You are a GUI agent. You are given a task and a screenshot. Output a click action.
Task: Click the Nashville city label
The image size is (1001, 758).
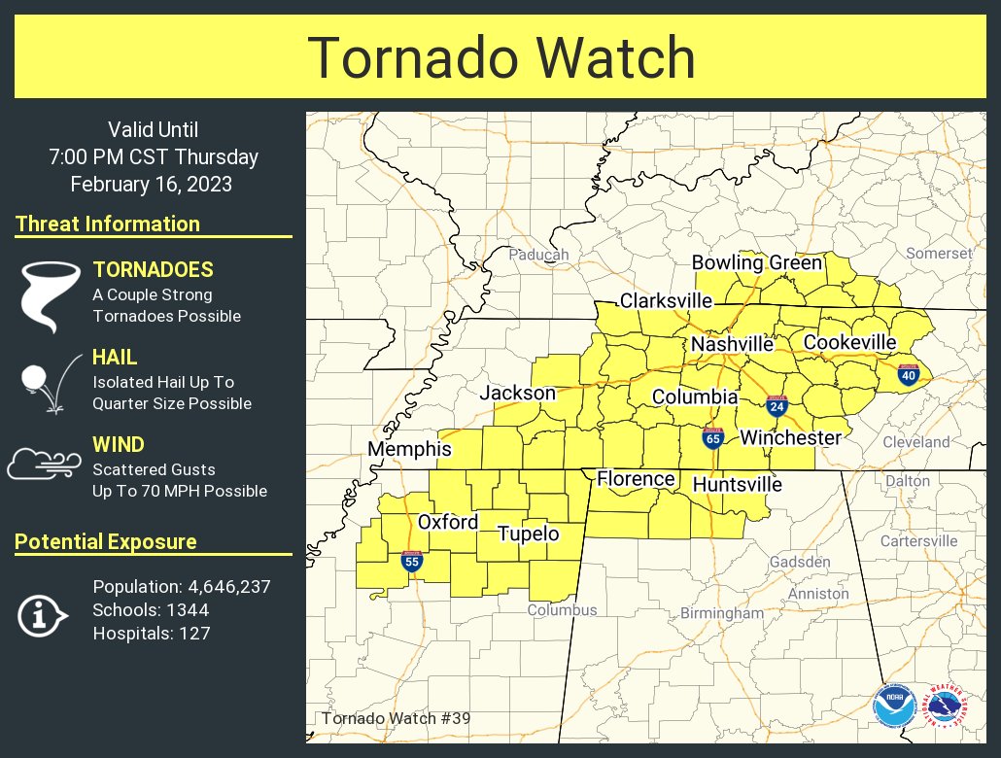click(732, 344)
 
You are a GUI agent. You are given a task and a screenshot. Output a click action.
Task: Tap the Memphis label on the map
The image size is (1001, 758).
click(409, 450)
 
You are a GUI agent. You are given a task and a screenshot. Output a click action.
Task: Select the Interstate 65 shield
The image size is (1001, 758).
click(712, 438)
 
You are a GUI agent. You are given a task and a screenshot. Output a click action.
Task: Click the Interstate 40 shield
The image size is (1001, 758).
click(909, 374)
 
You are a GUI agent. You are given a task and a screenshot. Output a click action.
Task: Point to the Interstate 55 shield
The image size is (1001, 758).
click(411, 561)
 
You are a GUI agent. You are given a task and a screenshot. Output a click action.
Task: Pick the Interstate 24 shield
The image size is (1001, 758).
click(776, 406)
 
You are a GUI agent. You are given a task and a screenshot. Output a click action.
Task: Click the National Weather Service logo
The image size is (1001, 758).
click(945, 706)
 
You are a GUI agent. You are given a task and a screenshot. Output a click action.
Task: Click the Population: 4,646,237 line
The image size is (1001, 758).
click(181, 587)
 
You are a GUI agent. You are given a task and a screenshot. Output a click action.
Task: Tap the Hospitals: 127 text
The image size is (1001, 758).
click(151, 634)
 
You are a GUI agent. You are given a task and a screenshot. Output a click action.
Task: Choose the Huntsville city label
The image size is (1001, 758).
click(737, 484)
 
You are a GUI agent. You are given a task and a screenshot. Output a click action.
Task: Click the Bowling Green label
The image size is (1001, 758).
click(756, 263)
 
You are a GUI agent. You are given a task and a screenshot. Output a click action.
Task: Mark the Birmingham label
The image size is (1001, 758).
click(721, 613)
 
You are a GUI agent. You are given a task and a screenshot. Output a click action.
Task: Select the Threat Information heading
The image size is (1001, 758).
click(108, 224)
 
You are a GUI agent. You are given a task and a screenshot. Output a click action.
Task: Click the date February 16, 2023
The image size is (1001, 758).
click(152, 184)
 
